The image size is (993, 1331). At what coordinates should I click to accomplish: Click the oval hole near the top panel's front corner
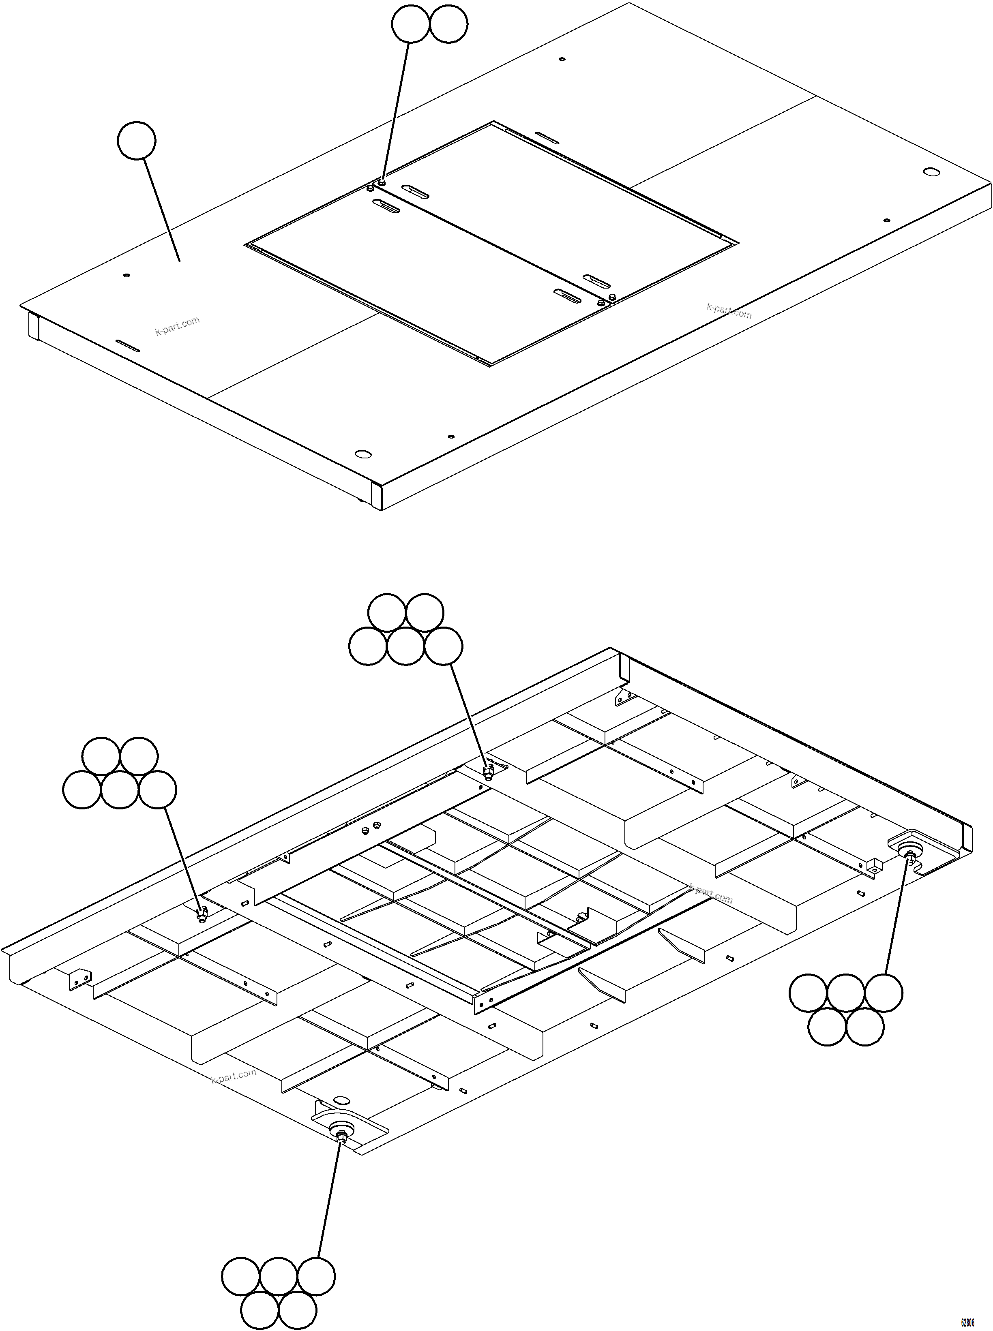(362, 452)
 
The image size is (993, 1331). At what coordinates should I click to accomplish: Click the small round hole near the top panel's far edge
(562, 59)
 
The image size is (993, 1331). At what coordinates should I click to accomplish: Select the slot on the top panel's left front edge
(128, 346)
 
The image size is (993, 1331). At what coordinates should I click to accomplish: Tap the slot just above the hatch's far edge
(547, 138)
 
